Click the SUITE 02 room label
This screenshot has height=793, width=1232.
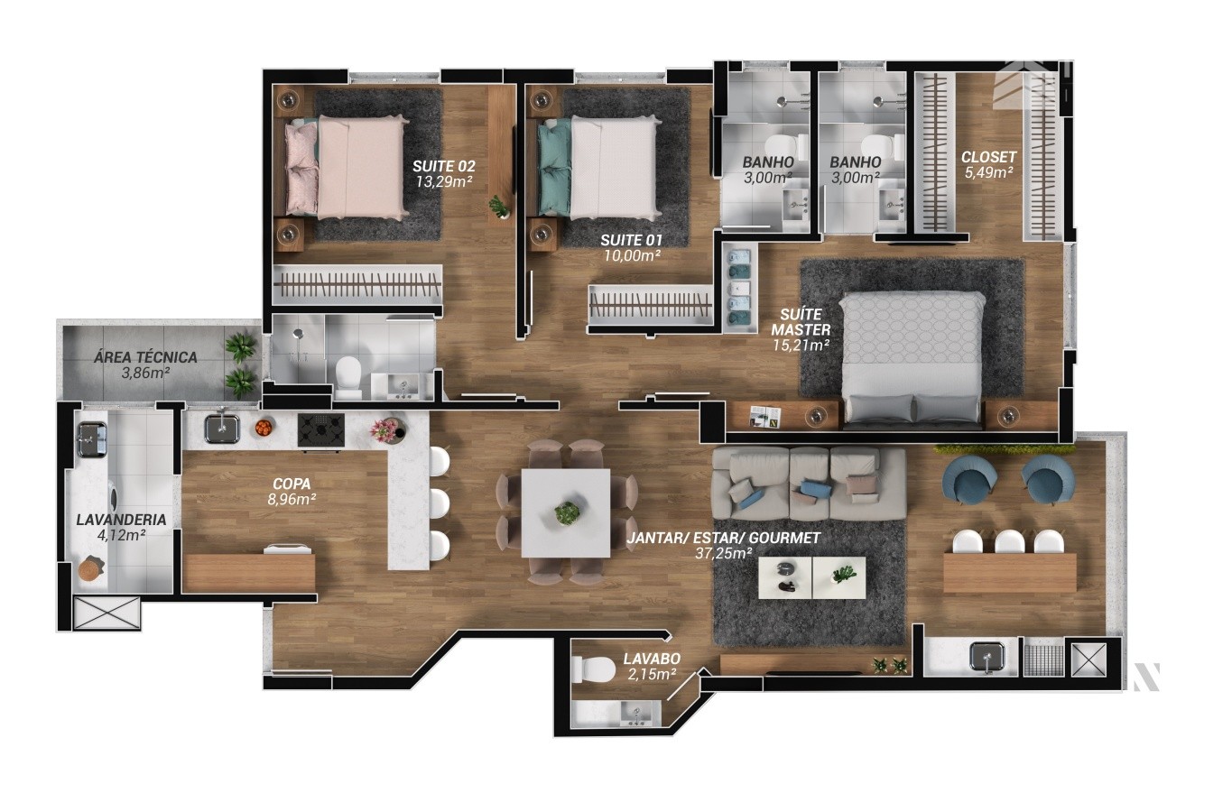pyautogui.click(x=443, y=166)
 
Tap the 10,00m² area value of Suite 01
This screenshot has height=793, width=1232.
pyautogui.click(x=632, y=255)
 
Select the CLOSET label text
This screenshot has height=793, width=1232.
pyautogui.click(x=989, y=157)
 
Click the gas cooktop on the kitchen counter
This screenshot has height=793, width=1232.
pyautogui.click(x=321, y=430)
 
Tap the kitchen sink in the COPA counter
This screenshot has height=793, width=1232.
pyautogui.click(x=222, y=429)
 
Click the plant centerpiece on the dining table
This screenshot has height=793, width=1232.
pyautogui.click(x=567, y=513)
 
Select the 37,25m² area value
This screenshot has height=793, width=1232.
pyautogui.click(x=723, y=553)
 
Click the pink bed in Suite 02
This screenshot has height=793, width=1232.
pyautogui.click(x=347, y=167)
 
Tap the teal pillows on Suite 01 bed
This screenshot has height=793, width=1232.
pyautogui.click(x=554, y=167)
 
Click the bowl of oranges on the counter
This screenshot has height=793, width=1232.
pyautogui.click(x=264, y=427)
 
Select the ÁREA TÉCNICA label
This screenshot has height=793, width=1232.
pyautogui.click(x=145, y=357)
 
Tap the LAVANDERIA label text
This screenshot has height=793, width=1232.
pyautogui.click(x=121, y=520)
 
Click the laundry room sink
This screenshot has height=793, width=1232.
pyautogui.click(x=92, y=438)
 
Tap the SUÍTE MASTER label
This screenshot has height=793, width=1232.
pyautogui.click(x=801, y=322)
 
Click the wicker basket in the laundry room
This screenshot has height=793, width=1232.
pyautogui.click(x=91, y=568)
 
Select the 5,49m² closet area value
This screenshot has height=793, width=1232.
pyautogui.click(x=989, y=172)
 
